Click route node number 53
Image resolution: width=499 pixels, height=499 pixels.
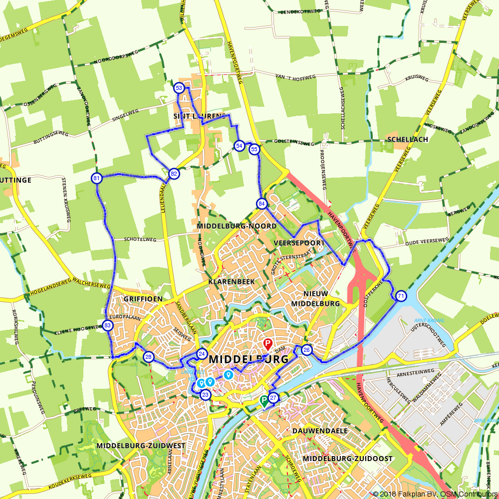pyautogui.click(x=179, y=88)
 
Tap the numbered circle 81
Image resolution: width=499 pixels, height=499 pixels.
pyautogui.click(x=97, y=178)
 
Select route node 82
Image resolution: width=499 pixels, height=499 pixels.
pyautogui.click(x=174, y=174)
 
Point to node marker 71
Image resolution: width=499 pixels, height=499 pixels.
pyautogui.click(x=401, y=296)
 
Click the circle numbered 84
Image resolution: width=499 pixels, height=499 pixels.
pyautogui.click(x=262, y=204)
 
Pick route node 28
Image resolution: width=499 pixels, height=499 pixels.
pyautogui.click(x=148, y=357)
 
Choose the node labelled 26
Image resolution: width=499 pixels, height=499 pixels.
pyautogui.click(x=306, y=350)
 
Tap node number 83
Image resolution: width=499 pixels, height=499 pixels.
pyautogui.click(x=108, y=326)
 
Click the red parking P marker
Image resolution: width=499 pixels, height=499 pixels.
pyautogui.click(x=267, y=344)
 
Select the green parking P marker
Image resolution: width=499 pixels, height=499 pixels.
pyautogui.click(x=263, y=400)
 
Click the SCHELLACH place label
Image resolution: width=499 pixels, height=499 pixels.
pyautogui.click(x=407, y=140)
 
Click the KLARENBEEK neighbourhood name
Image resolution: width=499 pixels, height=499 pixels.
pyautogui.click(x=232, y=282)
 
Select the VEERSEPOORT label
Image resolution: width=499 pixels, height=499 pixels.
pyautogui.click(x=299, y=243)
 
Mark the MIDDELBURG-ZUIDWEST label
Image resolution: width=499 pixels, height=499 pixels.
pyautogui.click(x=141, y=446)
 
